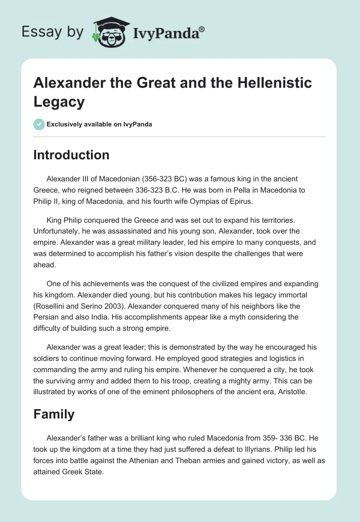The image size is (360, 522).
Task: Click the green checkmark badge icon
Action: click(x=39, y=124)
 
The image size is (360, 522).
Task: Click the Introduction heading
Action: click(x=72, y=155)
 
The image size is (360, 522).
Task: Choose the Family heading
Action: click(x=54, y=414)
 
